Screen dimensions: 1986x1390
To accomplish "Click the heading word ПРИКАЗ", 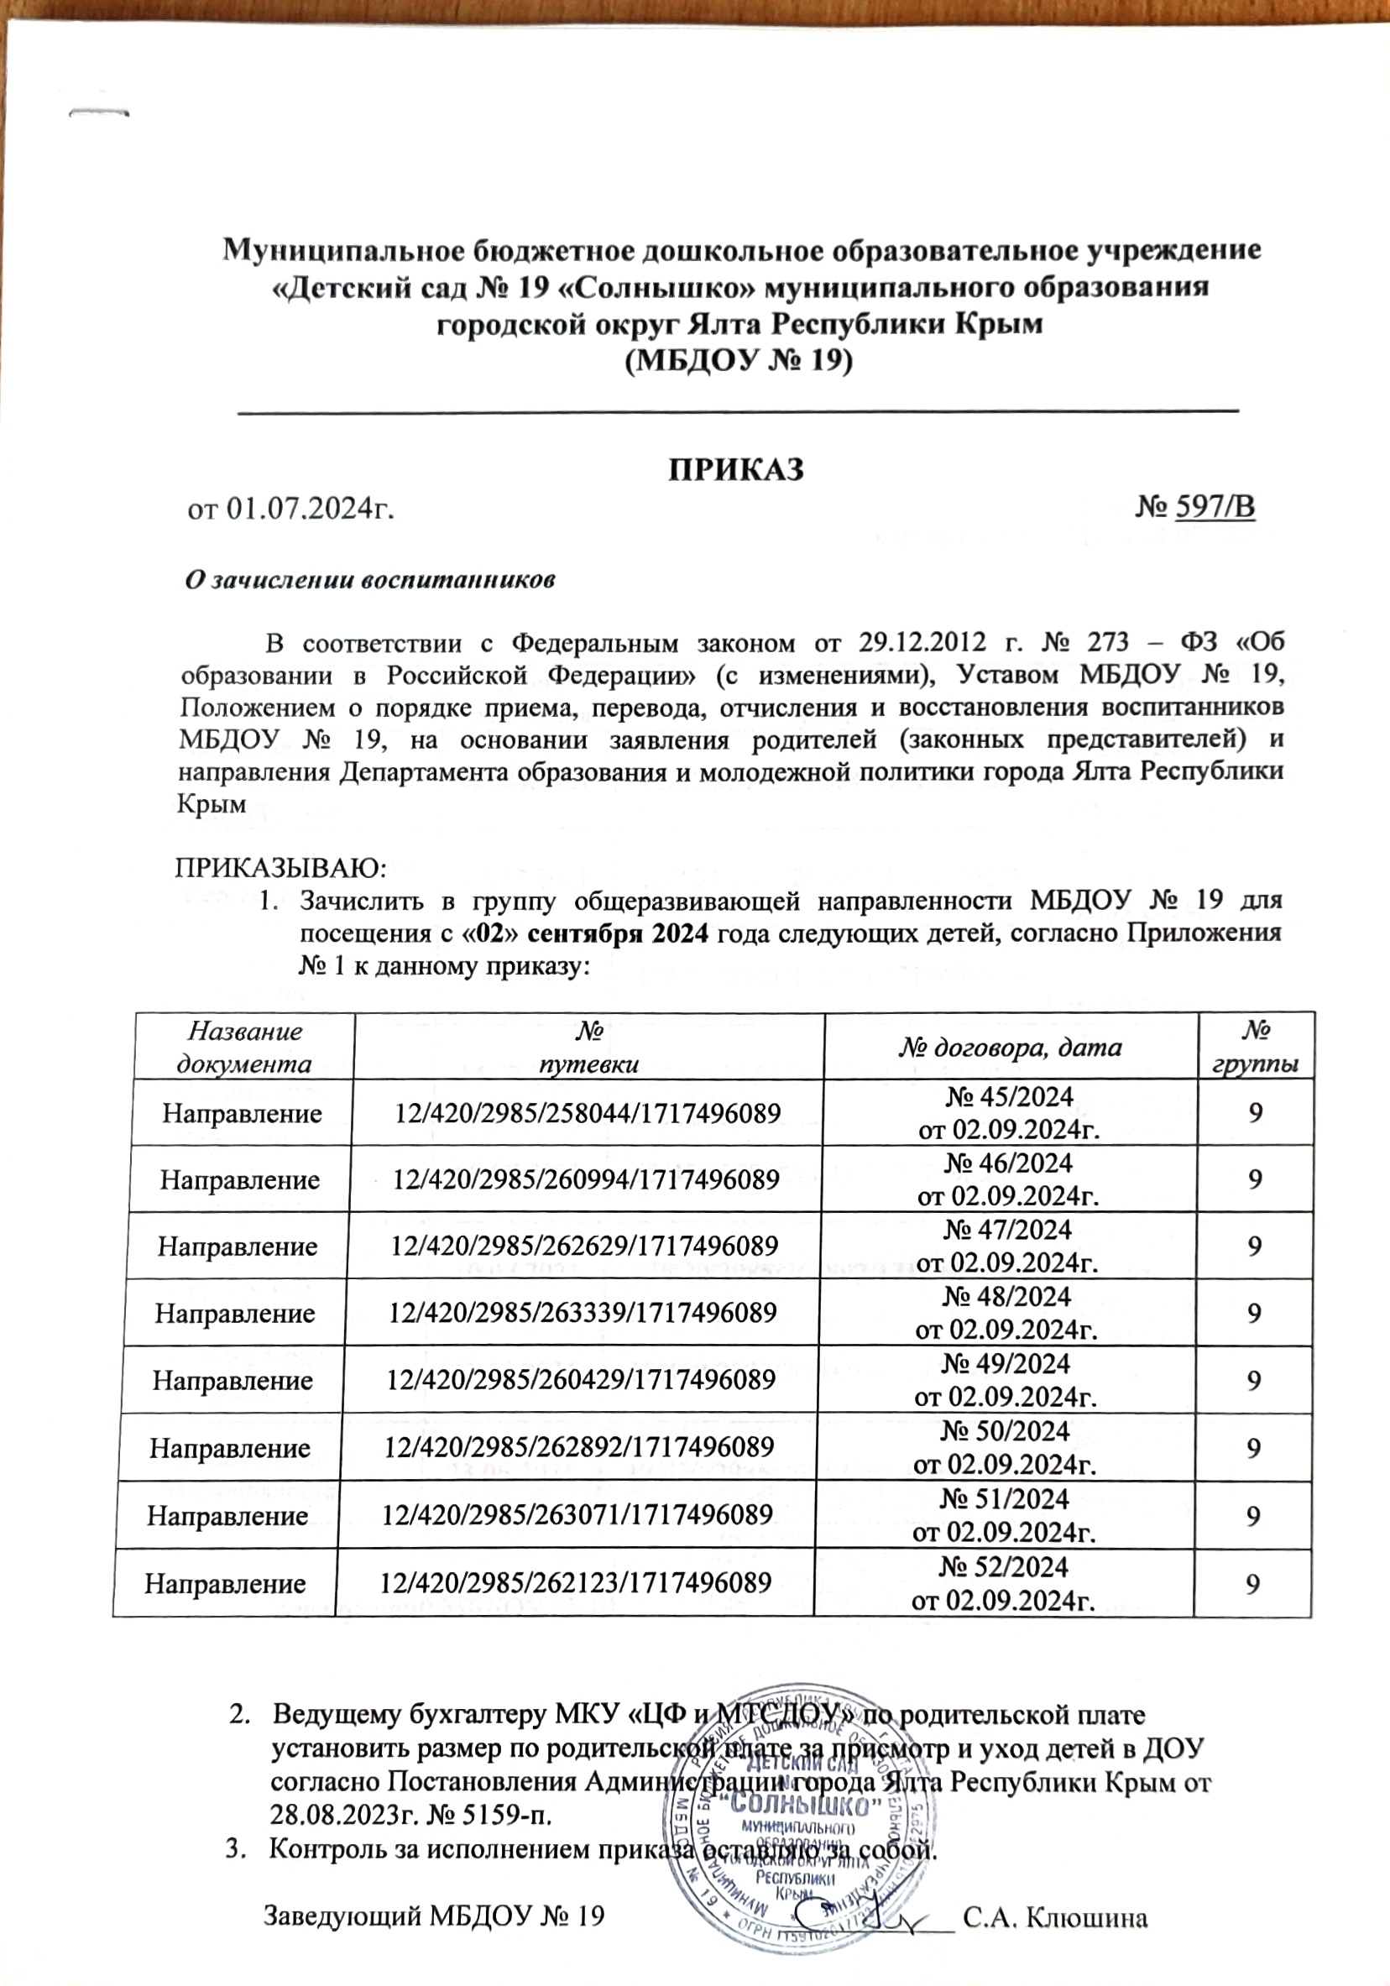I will (735, 469).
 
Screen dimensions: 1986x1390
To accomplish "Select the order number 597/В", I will (1215, 508).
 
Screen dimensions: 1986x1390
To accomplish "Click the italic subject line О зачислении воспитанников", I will (369, 579).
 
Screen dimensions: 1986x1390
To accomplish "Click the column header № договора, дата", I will (1009, 1048).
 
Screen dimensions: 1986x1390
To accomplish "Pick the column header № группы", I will (1256, 1047).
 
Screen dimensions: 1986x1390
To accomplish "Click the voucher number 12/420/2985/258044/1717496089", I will (588, 1113).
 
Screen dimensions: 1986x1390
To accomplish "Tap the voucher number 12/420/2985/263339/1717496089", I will (583, 1313).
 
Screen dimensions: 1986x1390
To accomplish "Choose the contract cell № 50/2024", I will (1005, 1431).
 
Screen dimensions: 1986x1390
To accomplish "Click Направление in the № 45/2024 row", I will (243, 1113).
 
